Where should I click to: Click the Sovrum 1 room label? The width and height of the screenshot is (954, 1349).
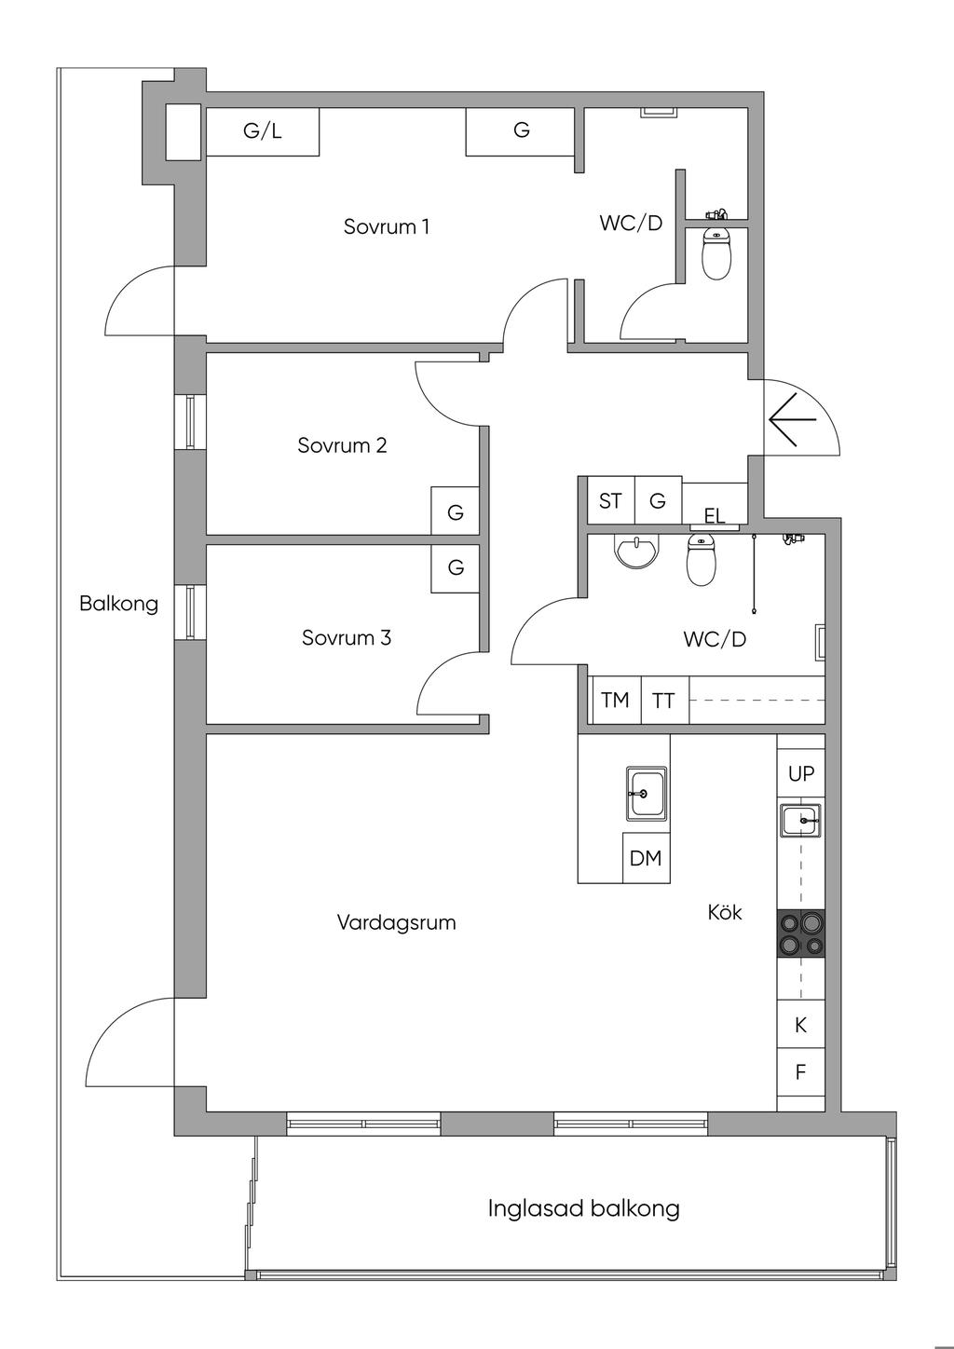pyautogui.click(x=387, y=226)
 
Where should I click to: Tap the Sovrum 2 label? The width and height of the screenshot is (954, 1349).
pyautogui.click(x=342, y=445)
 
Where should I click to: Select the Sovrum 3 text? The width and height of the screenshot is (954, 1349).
pyautogui.click(x=346, y=638)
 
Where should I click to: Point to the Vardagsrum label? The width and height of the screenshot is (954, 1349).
pyautogui.click(x=396, y=922)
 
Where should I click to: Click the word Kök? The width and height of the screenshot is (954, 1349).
pyautogui.click(x=725, y=912)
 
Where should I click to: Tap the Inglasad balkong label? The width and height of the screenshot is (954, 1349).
pyautogui.click(x=583, y=1208)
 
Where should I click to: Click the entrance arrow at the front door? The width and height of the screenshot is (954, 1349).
pyautogui.click(x=792, y=419)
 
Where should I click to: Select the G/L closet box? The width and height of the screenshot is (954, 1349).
pyautogui.click(x=263, y=131)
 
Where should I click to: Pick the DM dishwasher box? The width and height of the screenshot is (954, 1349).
pyautogui.click(x=646, y=858)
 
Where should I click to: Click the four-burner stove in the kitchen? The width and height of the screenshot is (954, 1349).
pyautogui.click(x=801, y=933)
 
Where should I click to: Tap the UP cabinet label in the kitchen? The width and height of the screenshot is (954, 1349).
pyautogui.click(x=801, y=773)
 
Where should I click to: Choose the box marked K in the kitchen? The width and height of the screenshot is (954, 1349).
pyautogui.click(x=800, y=1026)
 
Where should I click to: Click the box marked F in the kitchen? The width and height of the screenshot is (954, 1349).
pyautogui.click(x=800, y=1072)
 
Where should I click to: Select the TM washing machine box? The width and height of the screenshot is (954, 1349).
pyautogui.click(x=616, y=700)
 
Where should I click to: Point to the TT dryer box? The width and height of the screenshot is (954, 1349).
pyautogui.click(x=664, y=700)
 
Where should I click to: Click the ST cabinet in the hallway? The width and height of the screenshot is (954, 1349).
pyautogui.click(x=610, y=501)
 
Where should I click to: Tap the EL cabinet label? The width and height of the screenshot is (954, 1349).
pyautogui.click(x=715, y=516)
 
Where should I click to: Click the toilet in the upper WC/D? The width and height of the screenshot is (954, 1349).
pyautogui.click(x=715, y=252)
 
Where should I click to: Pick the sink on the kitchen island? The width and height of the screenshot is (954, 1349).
pyautogui.click(x=646, y=794)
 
